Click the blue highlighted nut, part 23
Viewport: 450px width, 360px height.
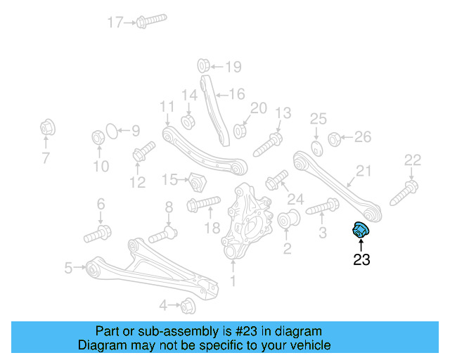click(360, 229)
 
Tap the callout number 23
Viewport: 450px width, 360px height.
click(361, 259)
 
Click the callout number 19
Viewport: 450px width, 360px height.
click(232, 67)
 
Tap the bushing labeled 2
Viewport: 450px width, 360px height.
click(290, 221)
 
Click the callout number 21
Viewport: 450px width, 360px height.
click(363, 171)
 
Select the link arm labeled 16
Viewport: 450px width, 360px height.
click(214, 105)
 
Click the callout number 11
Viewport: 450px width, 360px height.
click(166, 107)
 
